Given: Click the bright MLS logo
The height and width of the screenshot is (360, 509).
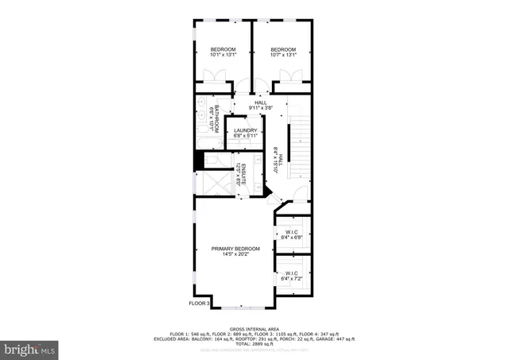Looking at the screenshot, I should point(30,347).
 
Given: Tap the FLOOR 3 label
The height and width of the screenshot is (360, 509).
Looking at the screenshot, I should point(198,303).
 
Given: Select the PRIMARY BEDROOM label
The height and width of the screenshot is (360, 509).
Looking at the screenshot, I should point(235,252).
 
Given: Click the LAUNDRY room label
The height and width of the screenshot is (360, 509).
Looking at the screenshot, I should point(245,133).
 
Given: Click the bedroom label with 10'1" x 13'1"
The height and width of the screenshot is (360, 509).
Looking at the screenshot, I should point(223,52).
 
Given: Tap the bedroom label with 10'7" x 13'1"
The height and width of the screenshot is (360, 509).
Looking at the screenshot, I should point(283,52).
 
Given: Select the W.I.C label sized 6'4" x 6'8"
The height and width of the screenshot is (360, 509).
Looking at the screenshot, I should point(291,234).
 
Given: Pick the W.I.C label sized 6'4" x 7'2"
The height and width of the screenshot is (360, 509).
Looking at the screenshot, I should point(291,276).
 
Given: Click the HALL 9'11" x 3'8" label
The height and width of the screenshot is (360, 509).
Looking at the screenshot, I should point(260,105).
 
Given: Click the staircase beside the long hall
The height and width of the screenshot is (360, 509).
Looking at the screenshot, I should point(300,147).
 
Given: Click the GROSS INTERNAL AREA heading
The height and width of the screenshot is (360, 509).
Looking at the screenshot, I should point(254,327).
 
